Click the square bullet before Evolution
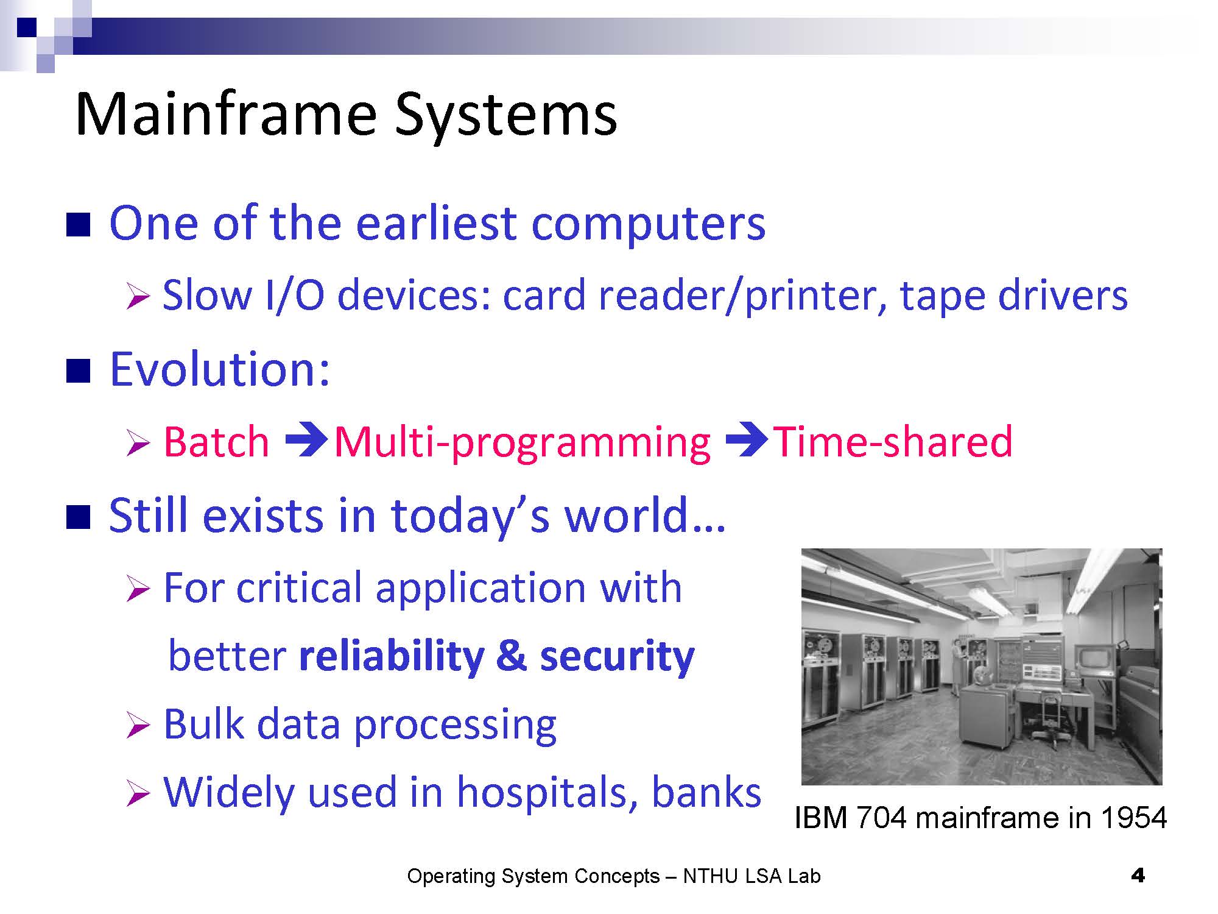coord(78,370)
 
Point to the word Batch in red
coord(216,441)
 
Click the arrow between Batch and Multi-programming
coord(307,441)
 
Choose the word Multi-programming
coord(523,444)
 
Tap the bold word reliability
coord(392,656)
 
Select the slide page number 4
coord(1137,876)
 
